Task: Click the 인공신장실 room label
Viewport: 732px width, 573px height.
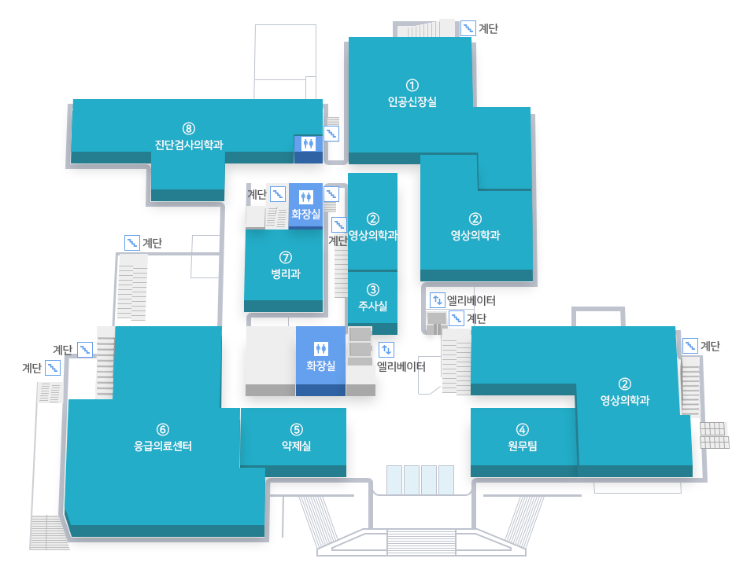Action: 412,101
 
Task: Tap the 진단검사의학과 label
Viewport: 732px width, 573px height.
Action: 189,145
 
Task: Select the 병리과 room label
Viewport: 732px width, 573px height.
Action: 286,274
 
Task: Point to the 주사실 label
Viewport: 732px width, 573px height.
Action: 372,306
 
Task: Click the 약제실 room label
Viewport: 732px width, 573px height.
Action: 297,446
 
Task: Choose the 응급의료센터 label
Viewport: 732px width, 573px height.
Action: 163,446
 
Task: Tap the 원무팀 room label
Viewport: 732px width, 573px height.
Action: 523,446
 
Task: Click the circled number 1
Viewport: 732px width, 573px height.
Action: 412,86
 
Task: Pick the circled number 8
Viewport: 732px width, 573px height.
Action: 189,128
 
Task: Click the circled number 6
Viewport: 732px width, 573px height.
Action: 163,429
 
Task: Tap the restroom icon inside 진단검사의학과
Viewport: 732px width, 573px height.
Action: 308,144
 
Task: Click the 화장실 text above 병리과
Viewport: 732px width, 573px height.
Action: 305,214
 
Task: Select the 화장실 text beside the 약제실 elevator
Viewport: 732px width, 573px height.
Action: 320,365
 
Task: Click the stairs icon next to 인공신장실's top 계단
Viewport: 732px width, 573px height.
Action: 468,28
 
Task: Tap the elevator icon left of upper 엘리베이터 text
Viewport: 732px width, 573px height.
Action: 438,299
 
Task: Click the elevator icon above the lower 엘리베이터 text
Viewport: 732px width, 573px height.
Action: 386,349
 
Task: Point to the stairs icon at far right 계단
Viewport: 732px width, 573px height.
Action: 690,346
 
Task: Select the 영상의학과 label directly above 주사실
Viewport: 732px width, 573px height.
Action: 372,236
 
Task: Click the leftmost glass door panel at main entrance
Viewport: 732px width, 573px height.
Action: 394,479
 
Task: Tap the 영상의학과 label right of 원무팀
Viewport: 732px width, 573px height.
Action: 625,400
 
